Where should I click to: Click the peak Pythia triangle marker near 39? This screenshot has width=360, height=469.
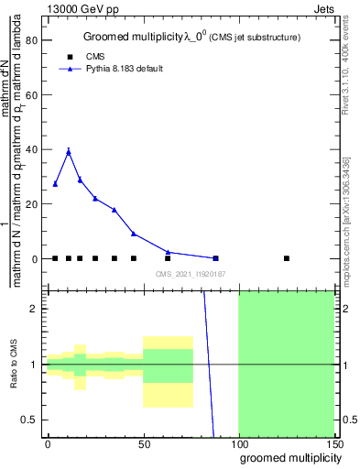point(68,152)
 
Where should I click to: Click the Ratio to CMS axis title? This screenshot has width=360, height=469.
point(15,365)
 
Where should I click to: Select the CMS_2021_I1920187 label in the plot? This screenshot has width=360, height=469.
point(190,274)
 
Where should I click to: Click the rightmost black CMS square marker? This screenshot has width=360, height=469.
point(287,258)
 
